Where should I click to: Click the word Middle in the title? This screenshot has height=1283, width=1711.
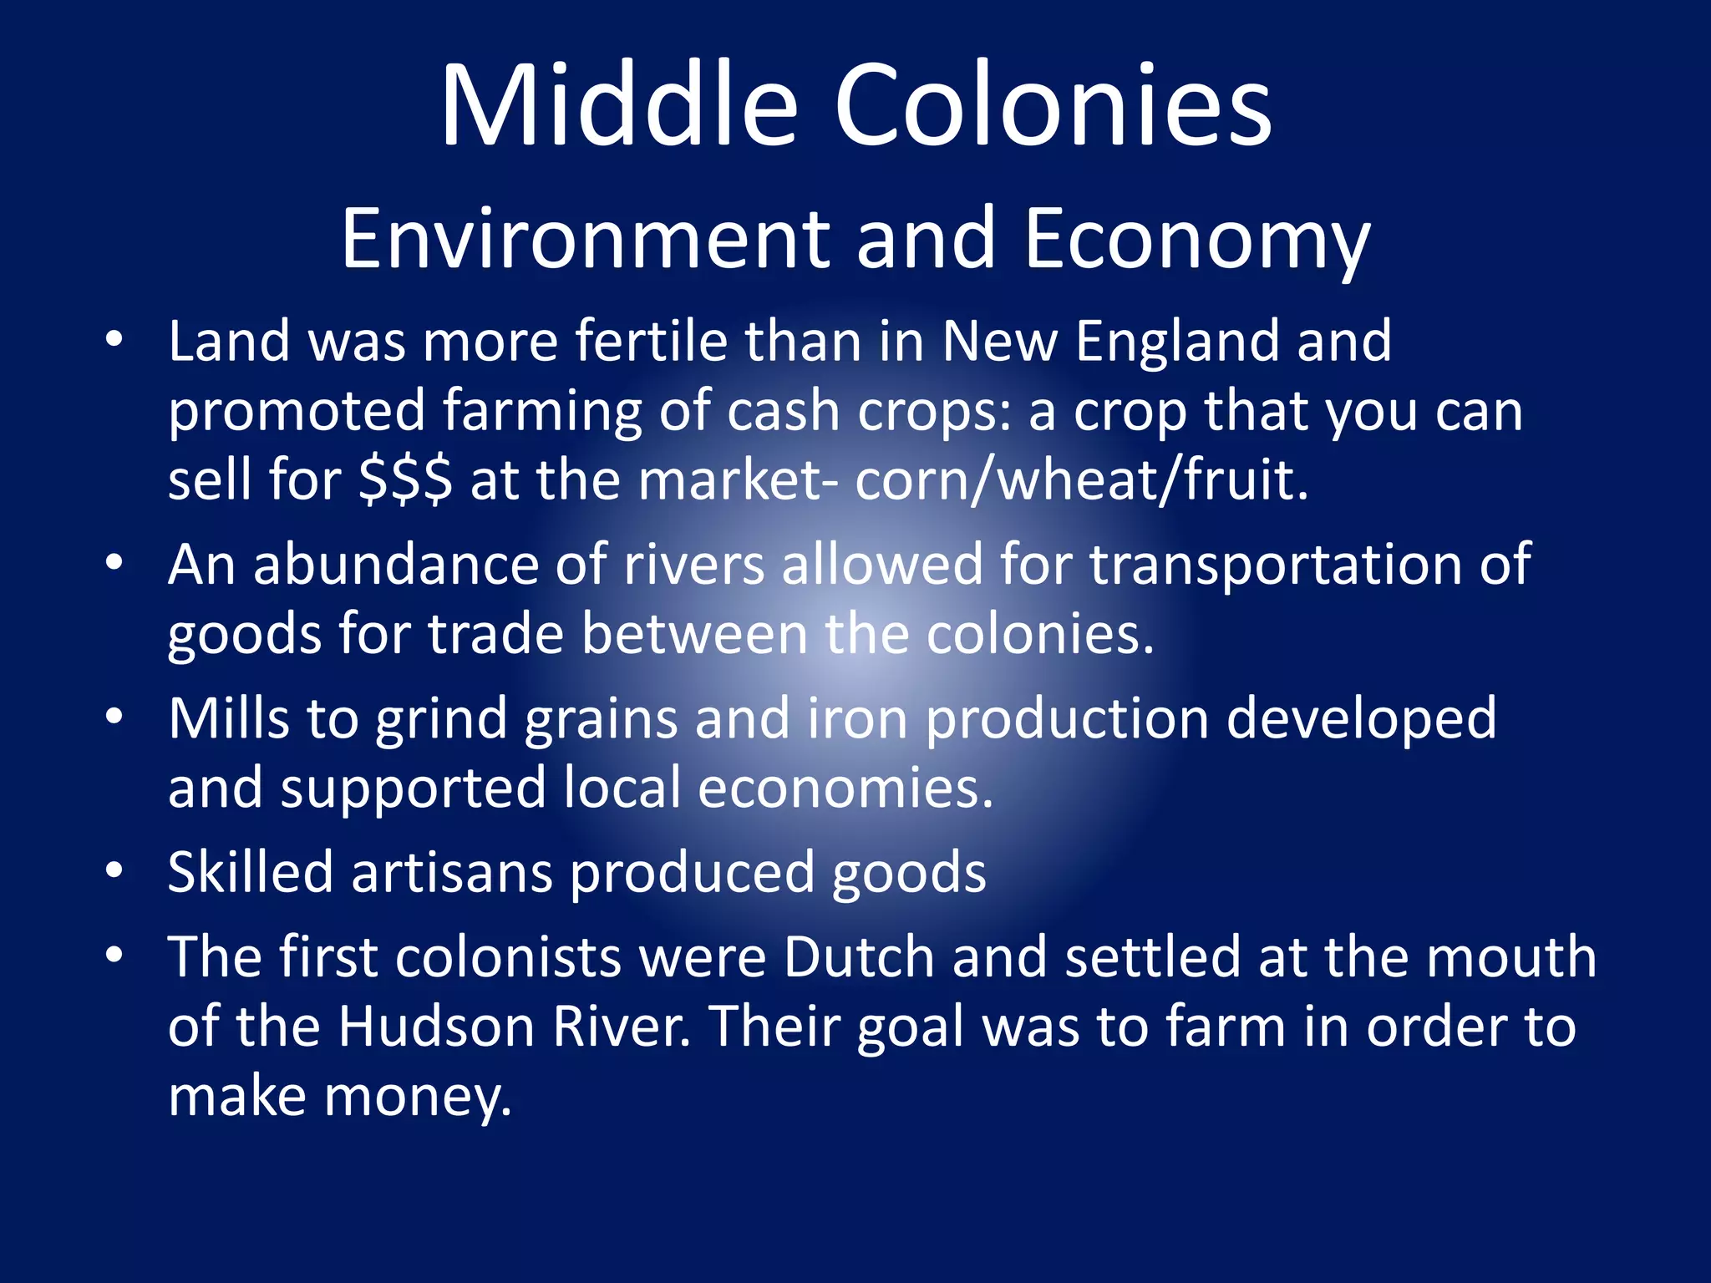pos(619,106)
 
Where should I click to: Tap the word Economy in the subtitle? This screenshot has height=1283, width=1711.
pos(1196,240)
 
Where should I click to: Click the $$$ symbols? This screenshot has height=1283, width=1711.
pos(405,481)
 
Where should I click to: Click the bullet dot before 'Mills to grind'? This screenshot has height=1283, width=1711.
pos(114,716)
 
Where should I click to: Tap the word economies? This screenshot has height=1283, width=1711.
pos(845,789)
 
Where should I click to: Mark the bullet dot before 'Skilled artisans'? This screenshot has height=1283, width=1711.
pos(114,870)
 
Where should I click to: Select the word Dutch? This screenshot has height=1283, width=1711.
pos(859,956)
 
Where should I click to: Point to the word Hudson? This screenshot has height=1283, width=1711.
pos(436,1027)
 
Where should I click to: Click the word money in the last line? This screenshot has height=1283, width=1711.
pos(417,1097)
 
